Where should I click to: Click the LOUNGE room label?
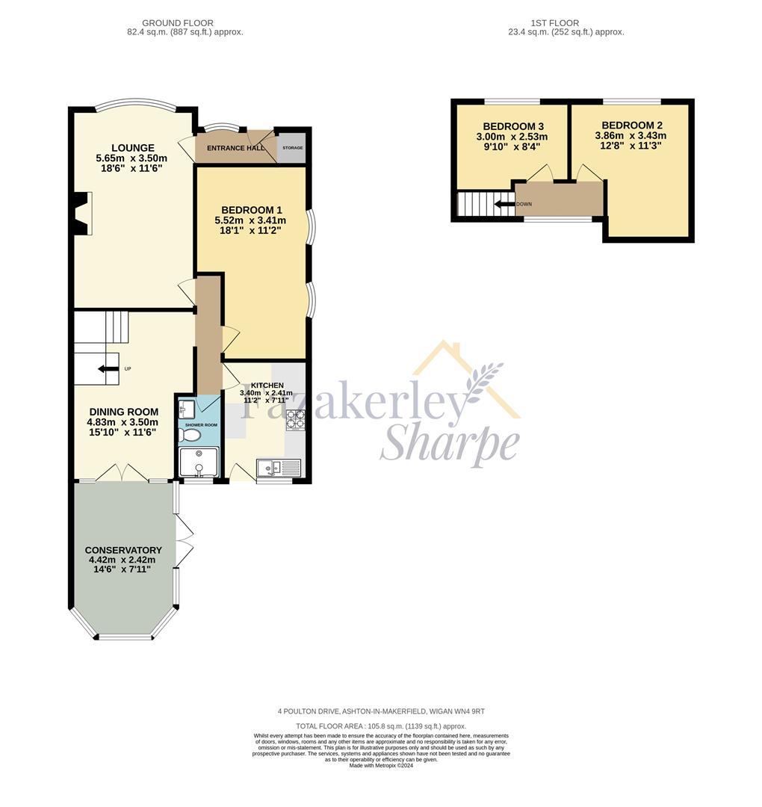tap(133, 148)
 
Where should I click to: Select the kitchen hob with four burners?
tap(294, 419)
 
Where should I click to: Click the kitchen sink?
tap(279, 468)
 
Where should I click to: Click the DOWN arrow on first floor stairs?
tap(504, 204)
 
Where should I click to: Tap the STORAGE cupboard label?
tap(292, 148)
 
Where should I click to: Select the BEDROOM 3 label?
tap(513, 126)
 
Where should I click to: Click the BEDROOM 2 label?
tap(632, 126)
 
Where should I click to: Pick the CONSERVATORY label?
tap(123, 550)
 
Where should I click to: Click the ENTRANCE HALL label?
tap(235, 148)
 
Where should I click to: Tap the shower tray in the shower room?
tap(199, 463)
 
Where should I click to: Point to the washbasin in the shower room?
tap(186, 409)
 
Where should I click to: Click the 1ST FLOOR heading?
tap(554, 23)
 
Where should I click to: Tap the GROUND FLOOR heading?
tap(178, 23)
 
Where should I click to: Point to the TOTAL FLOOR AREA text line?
tap(381, 726)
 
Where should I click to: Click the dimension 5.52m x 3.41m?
tap(250, 220)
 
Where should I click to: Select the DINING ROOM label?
tap(123, 412)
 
